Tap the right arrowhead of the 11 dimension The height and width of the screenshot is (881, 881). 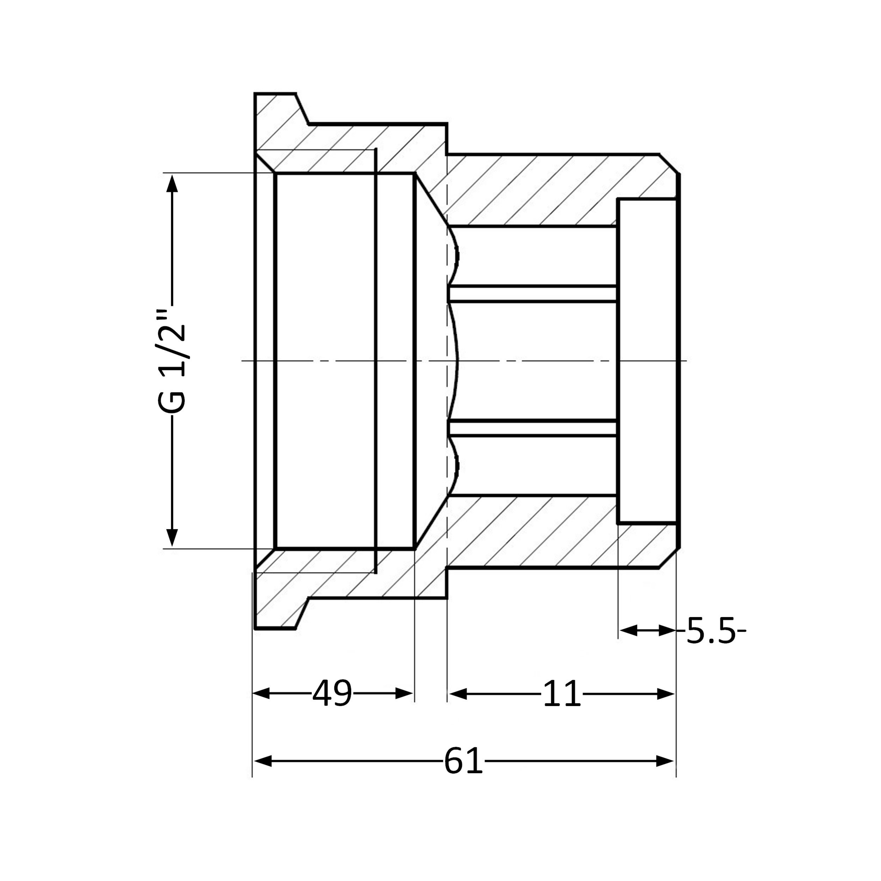coord(666,694)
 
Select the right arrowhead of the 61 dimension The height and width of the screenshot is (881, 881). coord(665,761)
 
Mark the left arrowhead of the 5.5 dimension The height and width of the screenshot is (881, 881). coord(628,631)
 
